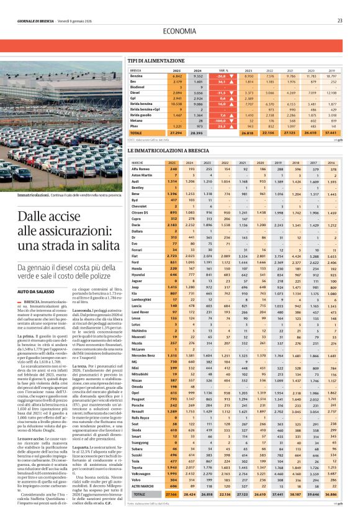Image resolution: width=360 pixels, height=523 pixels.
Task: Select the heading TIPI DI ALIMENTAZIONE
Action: [152, 61]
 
